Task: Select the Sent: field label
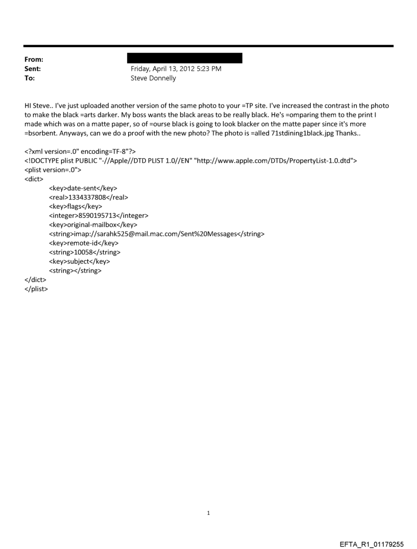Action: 32,69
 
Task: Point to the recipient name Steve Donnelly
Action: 153,78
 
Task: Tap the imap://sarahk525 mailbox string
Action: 156,234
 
